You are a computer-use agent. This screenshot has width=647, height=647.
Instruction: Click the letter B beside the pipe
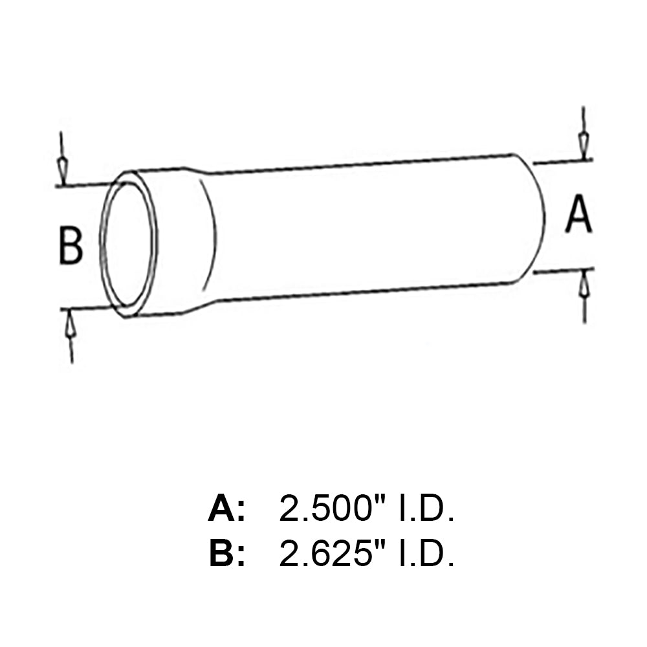click(71, 245)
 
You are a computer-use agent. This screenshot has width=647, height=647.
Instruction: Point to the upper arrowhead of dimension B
click(61, 168)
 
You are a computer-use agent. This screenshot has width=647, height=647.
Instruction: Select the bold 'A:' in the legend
click(227, 509)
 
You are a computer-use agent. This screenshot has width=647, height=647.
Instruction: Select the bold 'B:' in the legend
click(227, 554)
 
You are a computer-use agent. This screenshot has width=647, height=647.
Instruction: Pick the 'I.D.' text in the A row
click(424, 509)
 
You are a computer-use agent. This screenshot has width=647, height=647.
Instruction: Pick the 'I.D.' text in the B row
click(424, 554)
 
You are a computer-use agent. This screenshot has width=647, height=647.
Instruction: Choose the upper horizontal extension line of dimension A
click(563, 160)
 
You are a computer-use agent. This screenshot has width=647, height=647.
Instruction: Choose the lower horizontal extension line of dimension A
click(563, 271)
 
